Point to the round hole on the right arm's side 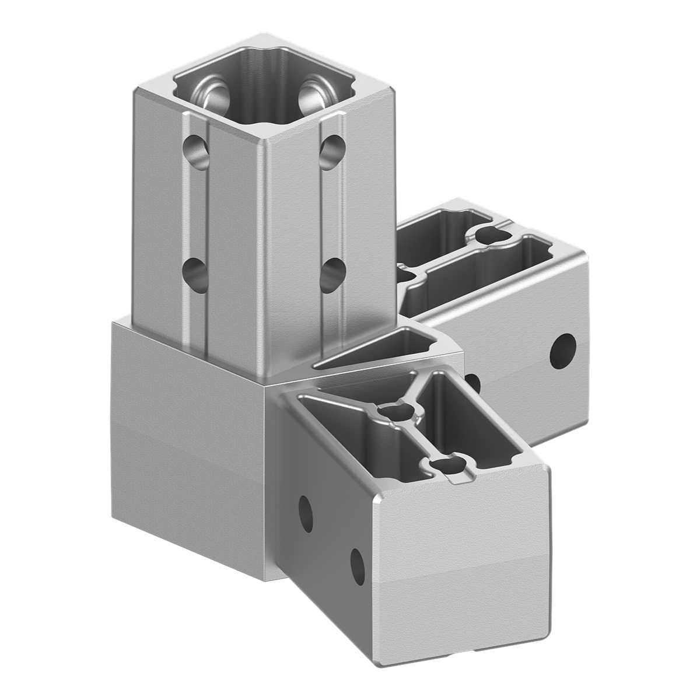[x=563, y=350]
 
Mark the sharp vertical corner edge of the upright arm [x=265, y=245]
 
